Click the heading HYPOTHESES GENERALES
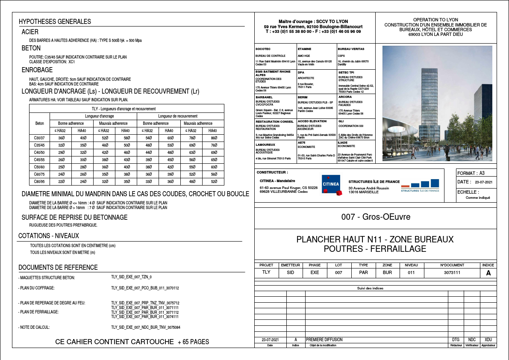pos(55,22)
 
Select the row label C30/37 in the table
pos(39,138)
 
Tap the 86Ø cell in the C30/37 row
pos(214,138)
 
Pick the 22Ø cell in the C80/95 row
pos(61,181)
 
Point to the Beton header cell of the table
pos(39,123)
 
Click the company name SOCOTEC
pos(263,49)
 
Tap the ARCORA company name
pos(345,97)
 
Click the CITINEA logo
pos(331,185)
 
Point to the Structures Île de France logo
pos(420,185)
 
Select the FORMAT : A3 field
pos(471,173)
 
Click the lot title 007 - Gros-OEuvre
pos(376,217)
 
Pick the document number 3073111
pos(452,272)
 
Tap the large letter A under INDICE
pos(488,272)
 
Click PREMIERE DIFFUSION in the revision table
pos(324,340)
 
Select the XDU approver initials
pos(488,340)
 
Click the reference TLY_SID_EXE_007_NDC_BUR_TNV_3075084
pos(145,328)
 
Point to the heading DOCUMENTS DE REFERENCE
pos(58,268)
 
